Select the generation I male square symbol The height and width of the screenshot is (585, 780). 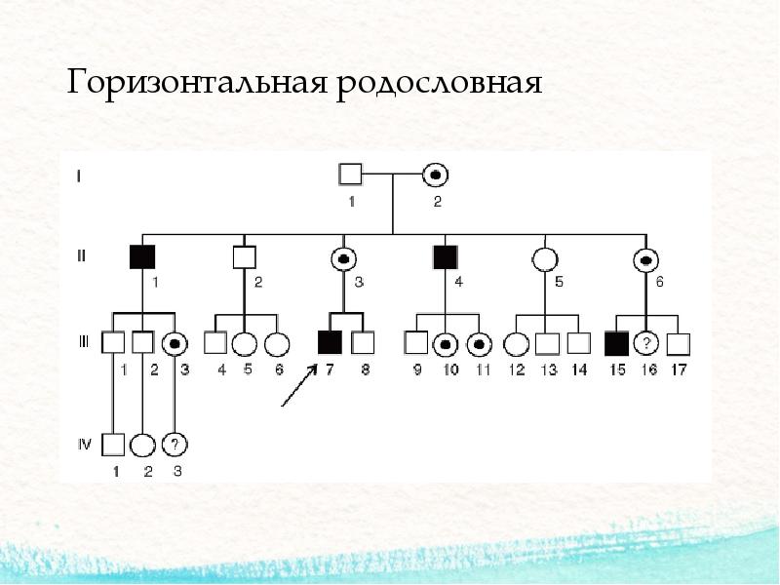(x=351, y=175)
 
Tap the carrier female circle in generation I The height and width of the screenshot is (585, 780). (x=436, y=175)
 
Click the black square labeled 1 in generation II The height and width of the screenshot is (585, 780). (x=142, y=256)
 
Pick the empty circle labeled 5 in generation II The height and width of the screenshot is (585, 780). (x=544, y=257)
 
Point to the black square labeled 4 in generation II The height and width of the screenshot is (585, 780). (x=445, y=256)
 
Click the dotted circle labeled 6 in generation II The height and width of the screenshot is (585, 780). (x=644, y=258)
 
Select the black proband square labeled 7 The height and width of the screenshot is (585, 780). (x=330, y=342)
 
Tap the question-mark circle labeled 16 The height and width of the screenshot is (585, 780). (x=644, y=343)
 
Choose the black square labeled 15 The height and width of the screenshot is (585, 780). (x=615, y=343)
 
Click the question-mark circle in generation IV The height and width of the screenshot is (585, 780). (x=174, y=445)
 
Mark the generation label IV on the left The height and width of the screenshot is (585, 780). (x=84, y=445)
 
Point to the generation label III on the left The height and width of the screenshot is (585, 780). (x=84, y=342)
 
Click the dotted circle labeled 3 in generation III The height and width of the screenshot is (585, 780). (x=175, y=343)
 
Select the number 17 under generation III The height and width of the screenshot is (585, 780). (x=680, y=370)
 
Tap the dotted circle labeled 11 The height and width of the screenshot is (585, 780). (x=478, y=343)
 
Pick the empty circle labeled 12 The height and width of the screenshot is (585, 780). (x=515, y=343)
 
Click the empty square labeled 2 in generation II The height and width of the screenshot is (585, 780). (x=244, y=257)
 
